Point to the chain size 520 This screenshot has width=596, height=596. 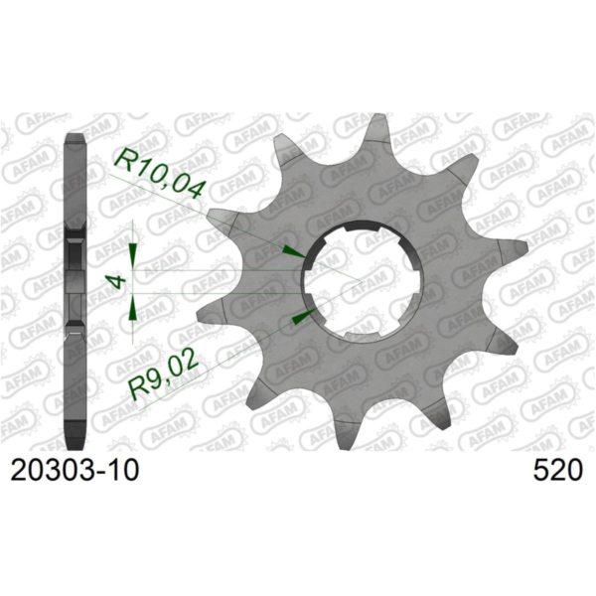557,470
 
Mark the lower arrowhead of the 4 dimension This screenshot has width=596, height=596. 133,312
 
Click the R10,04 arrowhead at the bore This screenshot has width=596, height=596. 290,250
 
